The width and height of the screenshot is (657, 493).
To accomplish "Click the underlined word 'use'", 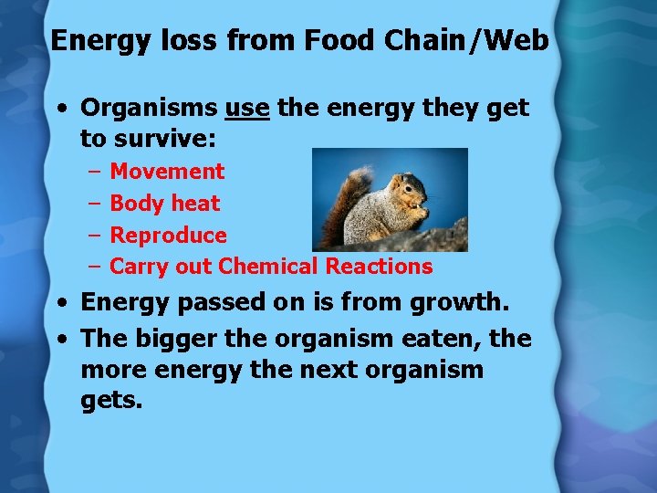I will [246, 108].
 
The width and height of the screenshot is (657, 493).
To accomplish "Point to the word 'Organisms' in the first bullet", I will [149, 108].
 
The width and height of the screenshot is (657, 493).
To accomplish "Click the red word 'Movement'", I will [167, 172].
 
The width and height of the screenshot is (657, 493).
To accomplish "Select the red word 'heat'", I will [196, 204].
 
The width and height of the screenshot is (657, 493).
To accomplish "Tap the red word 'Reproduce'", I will [168, 236].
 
